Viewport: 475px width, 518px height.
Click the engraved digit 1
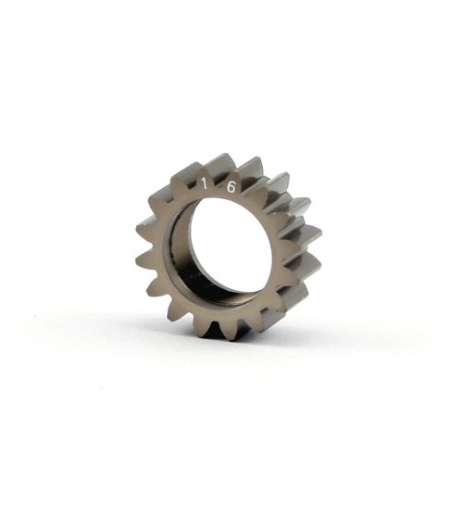point(203,183)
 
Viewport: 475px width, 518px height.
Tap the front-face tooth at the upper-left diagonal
point(157,196)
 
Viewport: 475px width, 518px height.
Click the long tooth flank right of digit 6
point(278,190)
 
